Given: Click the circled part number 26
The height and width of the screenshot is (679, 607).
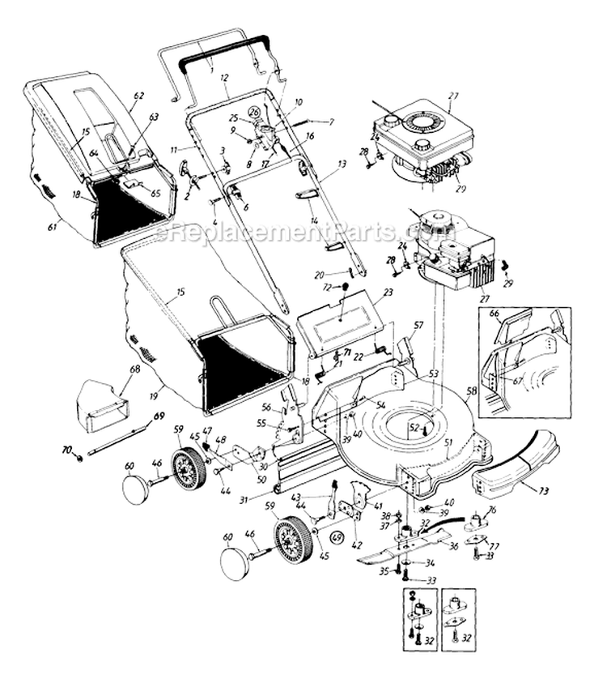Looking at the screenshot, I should pyautogui.click(x=254, y=112).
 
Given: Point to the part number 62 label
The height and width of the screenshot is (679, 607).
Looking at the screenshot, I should pyautogui.click(x=138, y=96).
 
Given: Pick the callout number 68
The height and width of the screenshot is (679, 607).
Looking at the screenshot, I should pyautogui.click(x=135, y=369).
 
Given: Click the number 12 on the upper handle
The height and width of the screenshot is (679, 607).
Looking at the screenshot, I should pyautogui.click(x=224, y=77).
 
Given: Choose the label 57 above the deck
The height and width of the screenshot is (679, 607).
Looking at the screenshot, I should pyautogui.click(x=418, y=325).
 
